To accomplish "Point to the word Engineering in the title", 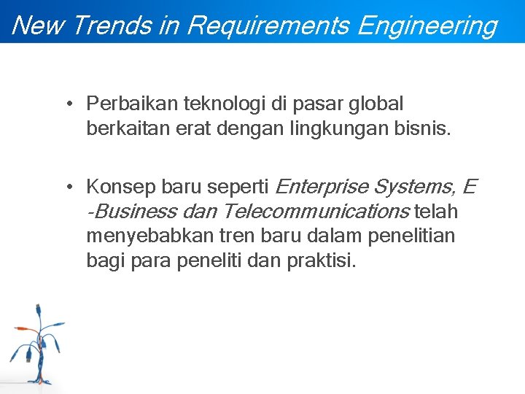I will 428,26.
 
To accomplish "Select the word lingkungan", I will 340,130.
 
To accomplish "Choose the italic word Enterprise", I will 321,187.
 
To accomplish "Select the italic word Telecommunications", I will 316,212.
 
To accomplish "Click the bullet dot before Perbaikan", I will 66,104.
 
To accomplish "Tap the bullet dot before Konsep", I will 66,187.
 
